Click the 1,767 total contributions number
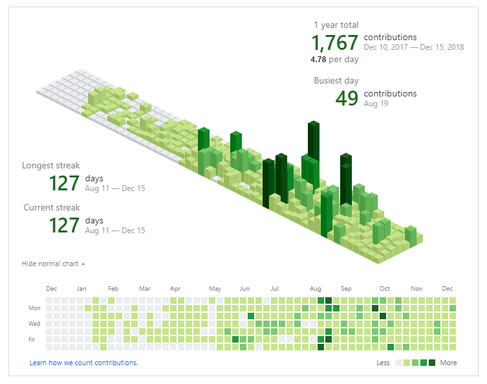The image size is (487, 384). coord(334,42)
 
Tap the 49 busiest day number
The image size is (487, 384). coord(347,98)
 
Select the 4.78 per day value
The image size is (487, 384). coord(318,60)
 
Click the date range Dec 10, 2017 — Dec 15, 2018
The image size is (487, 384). coord(414,47)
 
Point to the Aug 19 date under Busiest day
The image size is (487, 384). coord(376,104)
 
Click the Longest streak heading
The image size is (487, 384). coord(51,165)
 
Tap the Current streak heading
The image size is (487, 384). coord(52,207)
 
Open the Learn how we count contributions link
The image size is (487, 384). coord(83,363)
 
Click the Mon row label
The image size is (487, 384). coord(34,308)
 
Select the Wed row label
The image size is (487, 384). coord(34,323)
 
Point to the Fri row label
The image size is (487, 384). coord(32,339)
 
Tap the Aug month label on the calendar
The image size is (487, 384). coord(316,289)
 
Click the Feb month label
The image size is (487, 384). coord(113,289)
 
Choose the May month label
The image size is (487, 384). coord(215,289)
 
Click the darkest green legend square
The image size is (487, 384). coord(432,363)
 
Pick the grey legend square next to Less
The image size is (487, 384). coord(398,363)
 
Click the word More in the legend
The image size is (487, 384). coord(448,363)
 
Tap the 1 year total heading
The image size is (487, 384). coord(336,25)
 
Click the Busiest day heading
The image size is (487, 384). coord(336,80)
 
